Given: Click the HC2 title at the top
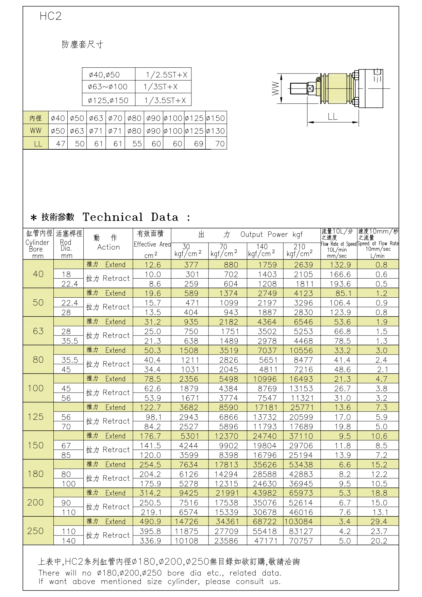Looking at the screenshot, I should [x=50, y=16].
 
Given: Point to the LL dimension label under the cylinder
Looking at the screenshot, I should [x=333, y=117].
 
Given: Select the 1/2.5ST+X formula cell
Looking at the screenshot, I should [x=166, y=75].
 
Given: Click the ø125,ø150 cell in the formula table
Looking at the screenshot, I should [x=108, y=101].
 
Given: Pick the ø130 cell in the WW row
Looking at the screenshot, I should [x=216, y=131].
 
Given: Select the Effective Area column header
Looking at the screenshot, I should [x=152, y=244].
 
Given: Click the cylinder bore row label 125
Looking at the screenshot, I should [x=36, y=417].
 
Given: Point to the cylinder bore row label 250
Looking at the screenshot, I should [x=35, y=531].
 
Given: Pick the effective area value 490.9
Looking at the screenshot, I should [x=150, y=522].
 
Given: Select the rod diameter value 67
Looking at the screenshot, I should [x=66, y=446].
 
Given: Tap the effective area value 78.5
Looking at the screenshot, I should [x=152, y=379].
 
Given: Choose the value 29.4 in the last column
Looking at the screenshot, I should [x=379, y=522].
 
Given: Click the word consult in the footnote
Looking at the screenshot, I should [x=250, y=582].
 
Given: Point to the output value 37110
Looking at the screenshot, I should [x=301, y=436].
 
